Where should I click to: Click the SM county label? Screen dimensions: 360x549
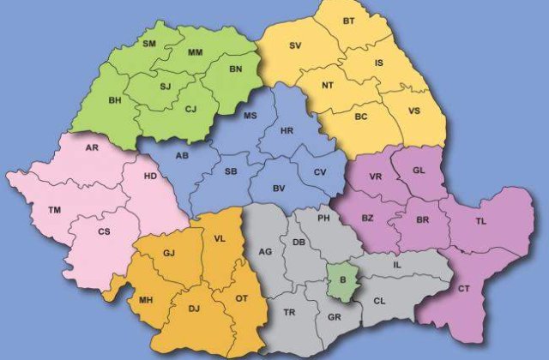[150, 43]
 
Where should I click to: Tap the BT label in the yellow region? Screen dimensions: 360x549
[348, 20]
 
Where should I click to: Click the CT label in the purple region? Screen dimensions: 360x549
[464, 289]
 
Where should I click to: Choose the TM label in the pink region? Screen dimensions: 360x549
[55, 209]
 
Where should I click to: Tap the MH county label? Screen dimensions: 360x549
[146, 301]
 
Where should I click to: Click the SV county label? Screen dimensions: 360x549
[296, 45]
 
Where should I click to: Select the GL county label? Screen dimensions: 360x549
[419, 171]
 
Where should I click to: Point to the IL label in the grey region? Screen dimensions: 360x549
[396, 265]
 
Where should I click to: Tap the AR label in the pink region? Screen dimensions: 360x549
[92, 147]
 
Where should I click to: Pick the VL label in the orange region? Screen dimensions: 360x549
[219, 239]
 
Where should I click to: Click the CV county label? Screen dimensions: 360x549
[320, 172]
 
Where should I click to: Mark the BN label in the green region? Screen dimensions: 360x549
[237, 68]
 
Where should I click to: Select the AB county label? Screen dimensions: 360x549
[182, 156]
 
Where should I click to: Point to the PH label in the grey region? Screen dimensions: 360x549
[323, 219]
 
